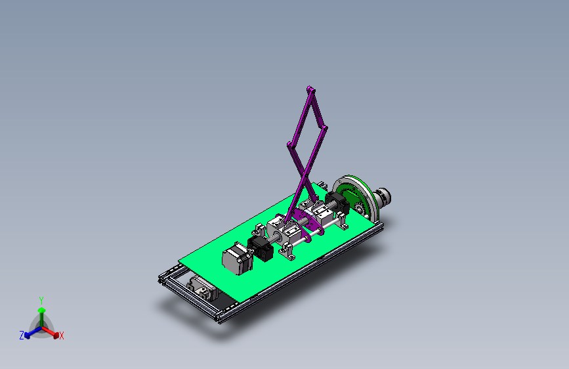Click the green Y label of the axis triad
(x=41, y=301)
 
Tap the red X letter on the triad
(x=62, y=336)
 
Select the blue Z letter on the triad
(x=22, y=336)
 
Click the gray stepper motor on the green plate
(x=238, y=259)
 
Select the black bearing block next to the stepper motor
(x=261, y=248)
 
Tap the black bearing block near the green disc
(x=337, y=203)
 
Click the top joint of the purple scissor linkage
(x=310, y=89)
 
